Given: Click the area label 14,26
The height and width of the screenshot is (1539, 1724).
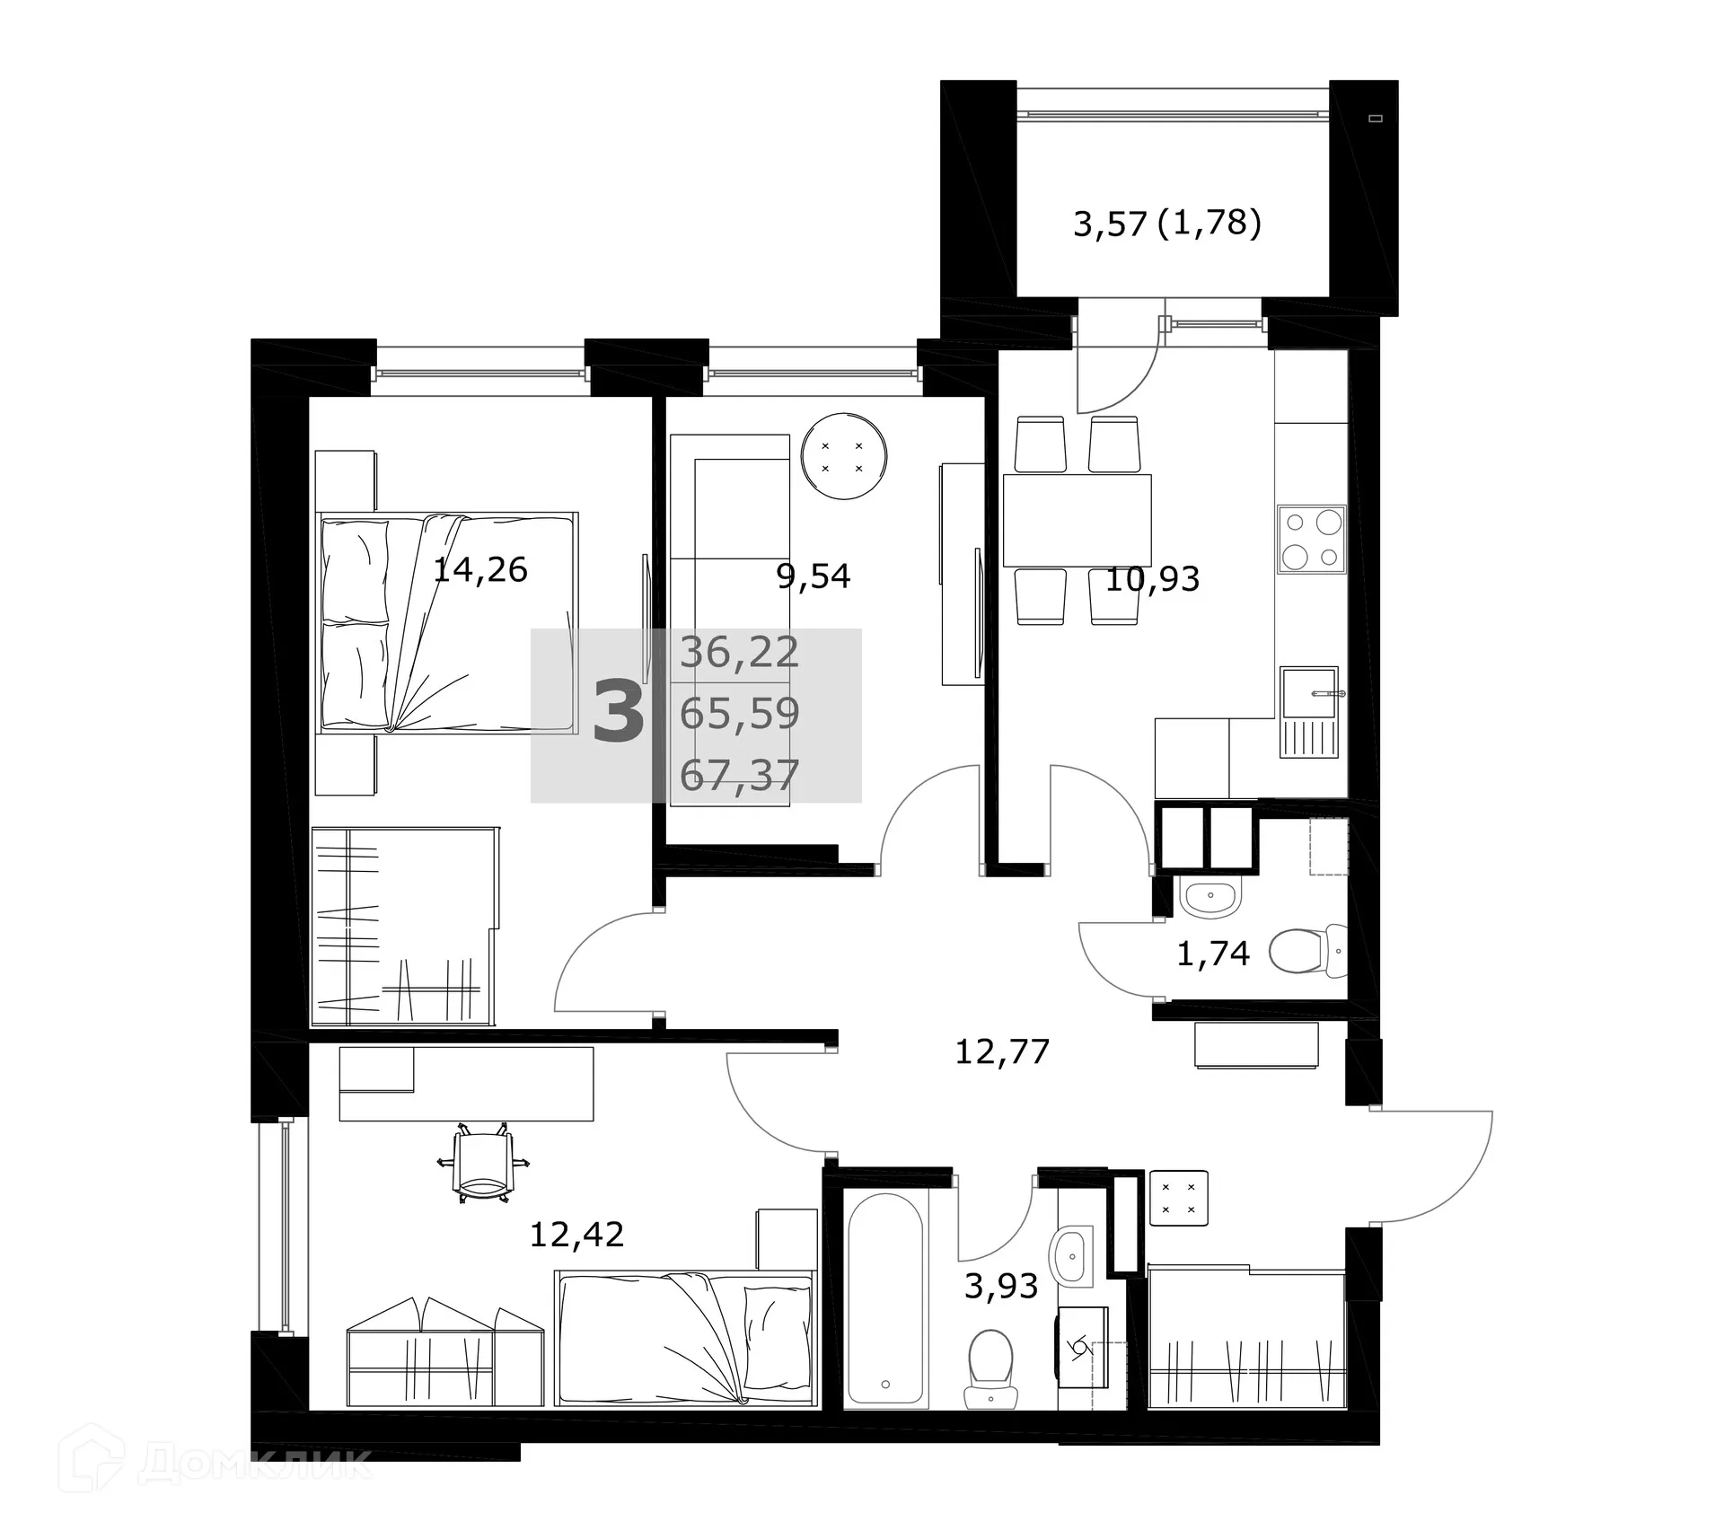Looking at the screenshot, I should pos(479,570).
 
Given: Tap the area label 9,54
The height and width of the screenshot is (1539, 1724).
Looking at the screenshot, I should pos(813,576).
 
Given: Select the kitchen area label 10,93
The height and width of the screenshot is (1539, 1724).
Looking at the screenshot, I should pos(1152,580).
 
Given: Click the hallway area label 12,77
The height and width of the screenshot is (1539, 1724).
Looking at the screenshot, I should pos(1001,1051).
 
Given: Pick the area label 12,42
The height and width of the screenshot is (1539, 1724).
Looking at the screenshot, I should pos(576,1236).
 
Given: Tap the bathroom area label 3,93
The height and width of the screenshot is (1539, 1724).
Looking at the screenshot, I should pos(1001,1287).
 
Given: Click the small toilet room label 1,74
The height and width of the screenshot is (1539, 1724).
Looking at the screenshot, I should pos(1212,954).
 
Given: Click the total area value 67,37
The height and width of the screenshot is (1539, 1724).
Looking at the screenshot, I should pos(739,775).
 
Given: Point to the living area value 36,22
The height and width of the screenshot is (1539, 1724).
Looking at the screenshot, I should pos(739,653).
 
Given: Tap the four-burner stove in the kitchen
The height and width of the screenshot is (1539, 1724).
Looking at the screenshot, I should pos(1311,539).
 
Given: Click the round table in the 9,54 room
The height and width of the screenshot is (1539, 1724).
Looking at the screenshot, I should pos(843,456).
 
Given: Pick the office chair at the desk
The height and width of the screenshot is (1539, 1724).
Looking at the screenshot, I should pos(483,1164).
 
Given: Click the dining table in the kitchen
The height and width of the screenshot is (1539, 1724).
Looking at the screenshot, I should pos(1077,521).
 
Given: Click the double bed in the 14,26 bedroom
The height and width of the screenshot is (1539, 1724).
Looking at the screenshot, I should pos(446,622).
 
